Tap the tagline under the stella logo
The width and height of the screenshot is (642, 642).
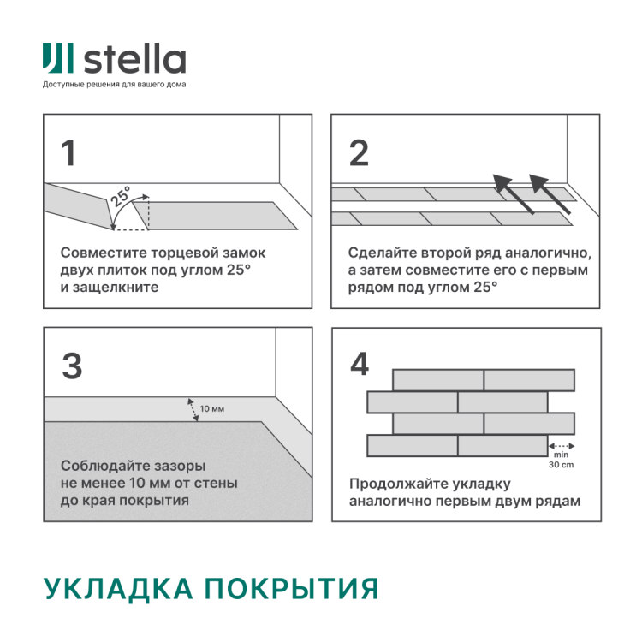tap(114, 85)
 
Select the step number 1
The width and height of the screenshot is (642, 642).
tap(68, 153)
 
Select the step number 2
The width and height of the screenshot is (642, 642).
tap(359, 153)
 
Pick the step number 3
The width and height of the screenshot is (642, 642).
tap(72, 366)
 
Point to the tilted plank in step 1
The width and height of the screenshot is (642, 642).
tap(79, 205)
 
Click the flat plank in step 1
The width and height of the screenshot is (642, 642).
tap(223, 216)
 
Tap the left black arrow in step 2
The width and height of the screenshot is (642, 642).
tap(512, 193)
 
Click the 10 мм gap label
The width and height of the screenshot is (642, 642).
tap(212, 409)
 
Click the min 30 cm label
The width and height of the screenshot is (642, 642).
tap(562, 461)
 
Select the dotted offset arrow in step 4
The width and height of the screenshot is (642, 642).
tap(562, 446)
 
